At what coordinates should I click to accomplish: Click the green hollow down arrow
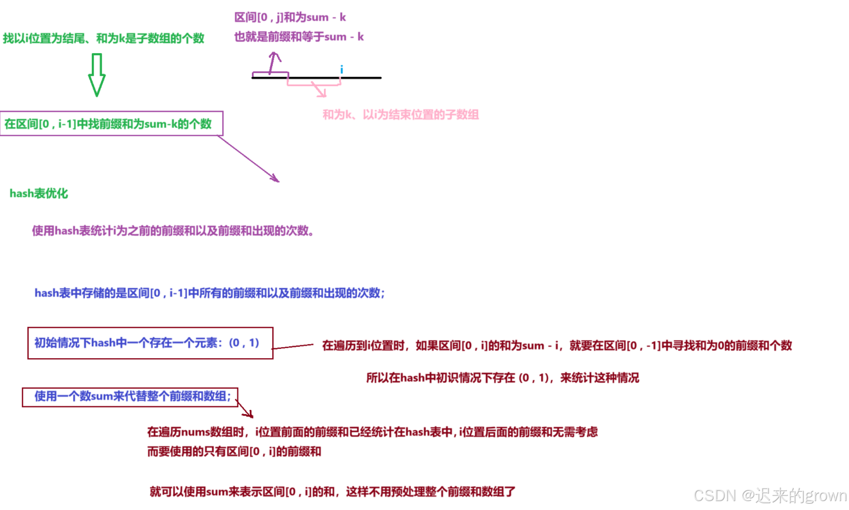click(x=96, y=75)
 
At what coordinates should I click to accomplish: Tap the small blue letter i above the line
click(x=342, y=69)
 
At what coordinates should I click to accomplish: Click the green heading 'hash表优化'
click(x=39, y=193)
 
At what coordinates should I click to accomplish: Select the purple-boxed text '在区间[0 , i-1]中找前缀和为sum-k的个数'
click(x=108, y=124)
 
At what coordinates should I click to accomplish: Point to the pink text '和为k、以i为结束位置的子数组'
click(x=401, y=115)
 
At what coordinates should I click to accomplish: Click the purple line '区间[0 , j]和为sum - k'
click(x=290, y=17)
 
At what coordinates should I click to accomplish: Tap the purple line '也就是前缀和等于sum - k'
click(x=299, y=37)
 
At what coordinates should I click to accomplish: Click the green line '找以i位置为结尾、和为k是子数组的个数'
click(x=103, y=38)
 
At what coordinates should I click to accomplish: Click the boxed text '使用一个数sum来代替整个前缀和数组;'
click(x=132, y=396)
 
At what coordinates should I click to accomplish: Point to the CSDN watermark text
click(x=770, y=495)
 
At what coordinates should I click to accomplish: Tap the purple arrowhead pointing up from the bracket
click(x=275, y=55)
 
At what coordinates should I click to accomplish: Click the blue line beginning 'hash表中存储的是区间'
click(x=210, y=293)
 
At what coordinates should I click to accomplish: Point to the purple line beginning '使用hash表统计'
click(x=173, y=230)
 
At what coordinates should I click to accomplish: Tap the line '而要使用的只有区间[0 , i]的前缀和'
click(x=234, y=452)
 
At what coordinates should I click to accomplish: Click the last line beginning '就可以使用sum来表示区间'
click(x=332, y=492)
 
